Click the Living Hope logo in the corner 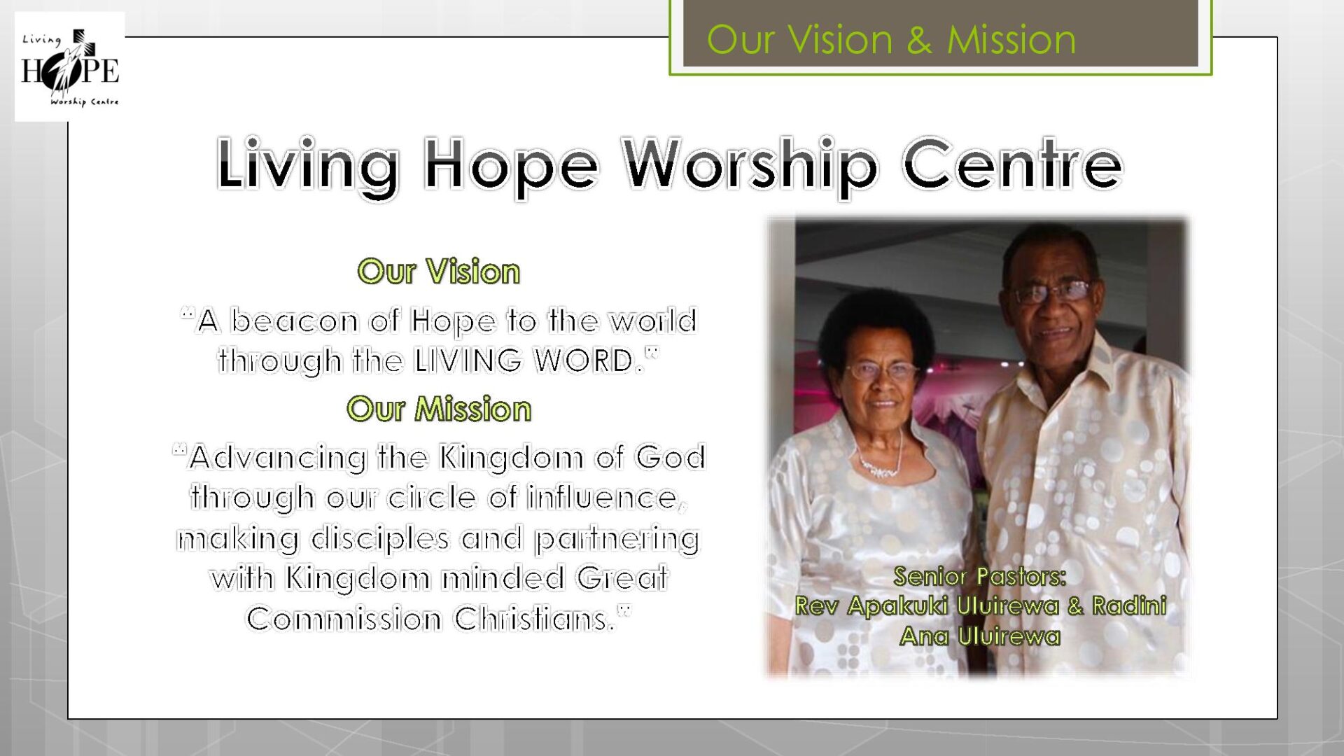[70, 66]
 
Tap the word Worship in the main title [750, 167]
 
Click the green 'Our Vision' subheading [439, 272]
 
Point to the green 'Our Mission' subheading [439, 409]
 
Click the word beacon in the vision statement [294, 321]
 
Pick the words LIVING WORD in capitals [524, 361]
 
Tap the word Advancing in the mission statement [278, 458]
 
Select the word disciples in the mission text [380, 539]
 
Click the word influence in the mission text [603, 498]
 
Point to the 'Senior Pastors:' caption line [979, 576]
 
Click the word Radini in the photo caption [1129, 605]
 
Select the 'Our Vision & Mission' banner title [891, 39]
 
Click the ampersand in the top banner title [919, 40]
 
